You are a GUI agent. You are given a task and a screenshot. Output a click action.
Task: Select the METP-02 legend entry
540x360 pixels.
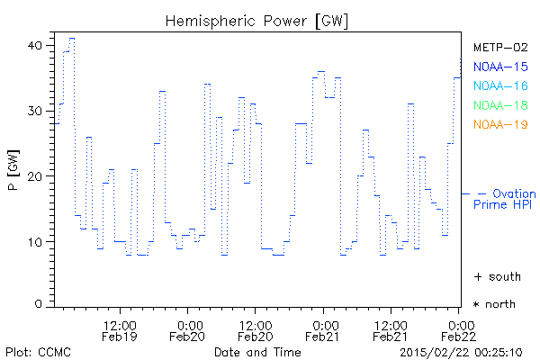[499, 47]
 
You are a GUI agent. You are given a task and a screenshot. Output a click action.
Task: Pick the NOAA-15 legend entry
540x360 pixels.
[499, 67]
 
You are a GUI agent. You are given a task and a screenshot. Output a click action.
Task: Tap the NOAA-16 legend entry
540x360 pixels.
[499, 85]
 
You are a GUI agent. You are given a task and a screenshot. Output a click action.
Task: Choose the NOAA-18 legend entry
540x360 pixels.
[499, 105]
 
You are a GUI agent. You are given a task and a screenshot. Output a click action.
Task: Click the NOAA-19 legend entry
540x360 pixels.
[499, 124]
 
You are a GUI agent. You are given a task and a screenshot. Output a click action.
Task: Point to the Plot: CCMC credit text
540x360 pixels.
[34, 351]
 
